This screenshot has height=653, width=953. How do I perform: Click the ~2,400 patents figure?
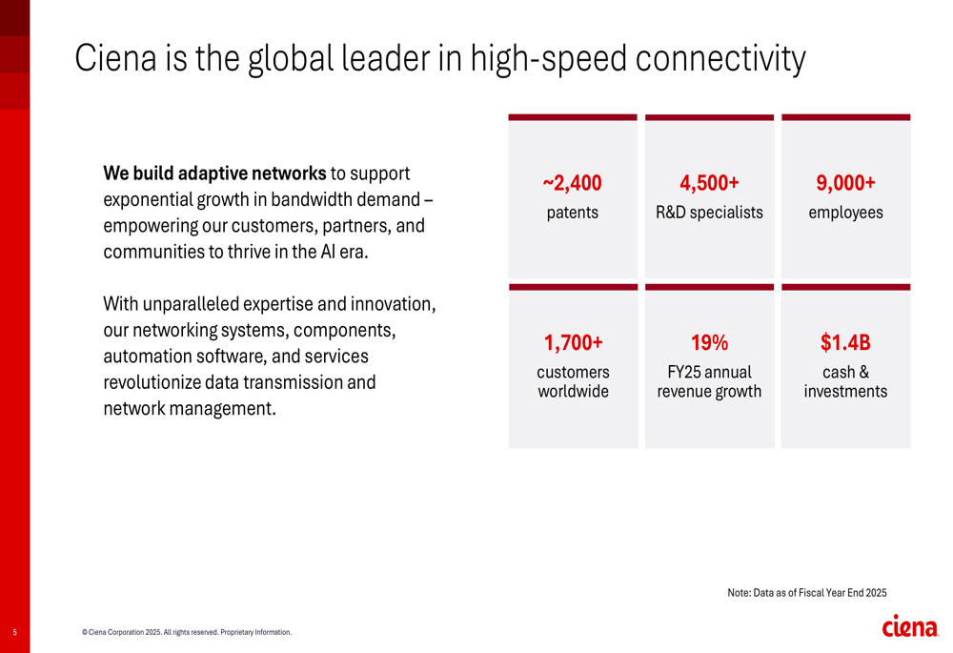pos(573,183)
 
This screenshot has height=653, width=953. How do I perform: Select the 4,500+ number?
pos(709,183)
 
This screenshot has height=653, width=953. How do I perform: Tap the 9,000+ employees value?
pos(845,183)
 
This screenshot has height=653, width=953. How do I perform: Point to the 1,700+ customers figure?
pos(573,342)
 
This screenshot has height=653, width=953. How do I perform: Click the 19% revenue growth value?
pos(709,342)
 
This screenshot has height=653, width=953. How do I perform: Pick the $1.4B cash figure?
pos(845,342)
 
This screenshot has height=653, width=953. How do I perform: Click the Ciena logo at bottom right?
pos(910,626)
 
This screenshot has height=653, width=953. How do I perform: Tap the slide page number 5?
pos(15,632)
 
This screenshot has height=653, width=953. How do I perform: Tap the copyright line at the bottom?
pos(187,632)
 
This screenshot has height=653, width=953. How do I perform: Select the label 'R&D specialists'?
pos(709,213)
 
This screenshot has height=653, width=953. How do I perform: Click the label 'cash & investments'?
pos(845,381)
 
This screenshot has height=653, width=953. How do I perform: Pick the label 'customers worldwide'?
pos(573,381)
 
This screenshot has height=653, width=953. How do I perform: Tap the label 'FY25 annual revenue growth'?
pos(709,381)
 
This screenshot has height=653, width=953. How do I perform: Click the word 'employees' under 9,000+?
pos(845,213)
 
